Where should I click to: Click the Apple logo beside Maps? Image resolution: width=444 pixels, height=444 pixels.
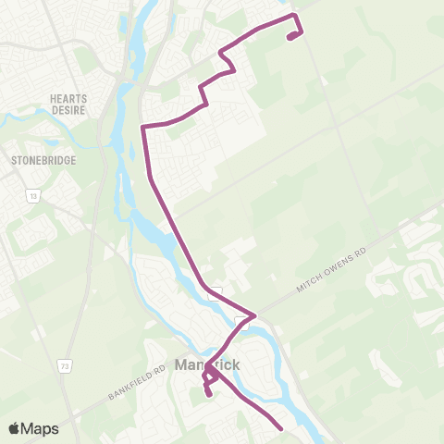pyautogui.click(x=14, y=428)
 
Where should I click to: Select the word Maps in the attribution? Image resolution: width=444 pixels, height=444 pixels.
pyautogui.click(x=40, y=428)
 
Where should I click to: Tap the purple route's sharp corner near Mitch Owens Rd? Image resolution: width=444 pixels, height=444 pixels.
pyautogui.click(x=254, y=314)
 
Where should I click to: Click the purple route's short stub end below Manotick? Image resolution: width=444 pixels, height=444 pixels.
pyautogui.click(x=209, y=395)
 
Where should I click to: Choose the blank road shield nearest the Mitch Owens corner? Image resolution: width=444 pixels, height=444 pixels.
pyautogui.click(x=241, y=321)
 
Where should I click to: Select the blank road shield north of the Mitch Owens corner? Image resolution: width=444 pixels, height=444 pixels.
pyautogui.click(x=216, y=289)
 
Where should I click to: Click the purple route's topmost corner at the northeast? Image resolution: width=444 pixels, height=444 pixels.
pyautogui.click(x=295, y=16)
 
